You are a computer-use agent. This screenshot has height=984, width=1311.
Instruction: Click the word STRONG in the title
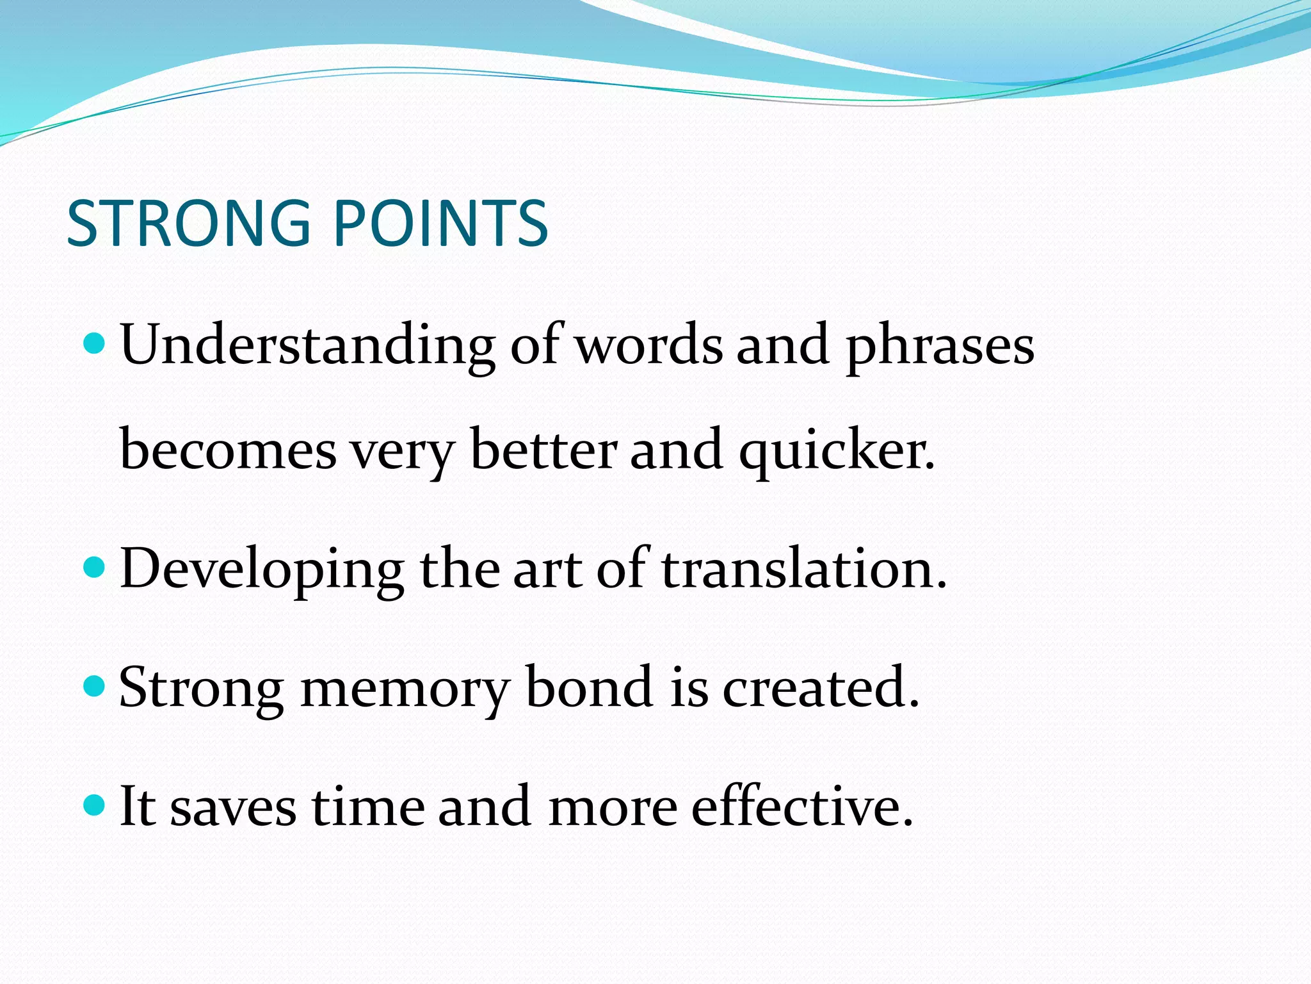coord(189,223)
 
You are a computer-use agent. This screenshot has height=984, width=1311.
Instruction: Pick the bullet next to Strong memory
coord(94,686)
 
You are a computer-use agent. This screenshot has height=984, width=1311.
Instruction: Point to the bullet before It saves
coord(94,805)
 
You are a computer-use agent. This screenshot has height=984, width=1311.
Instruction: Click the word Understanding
coord(307,346)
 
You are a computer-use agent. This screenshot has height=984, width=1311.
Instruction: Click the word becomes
coord(228,450)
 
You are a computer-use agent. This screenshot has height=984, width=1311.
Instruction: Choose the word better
coord(544,450)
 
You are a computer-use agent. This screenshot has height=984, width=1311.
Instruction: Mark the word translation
coord(803,568)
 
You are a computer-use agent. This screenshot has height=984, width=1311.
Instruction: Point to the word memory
coord(405,689)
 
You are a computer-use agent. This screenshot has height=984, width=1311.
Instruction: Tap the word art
coord(547,568)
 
